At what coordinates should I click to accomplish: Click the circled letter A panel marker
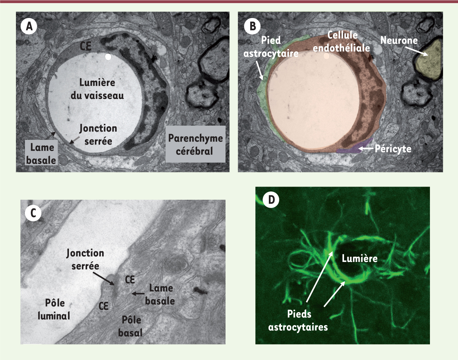click(x=29, y=26)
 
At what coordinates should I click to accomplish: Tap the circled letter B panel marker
click(x=253, y=26)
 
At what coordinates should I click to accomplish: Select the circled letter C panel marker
click(x=33, y=213)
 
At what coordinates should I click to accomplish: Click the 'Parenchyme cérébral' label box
click(x=195, y=144)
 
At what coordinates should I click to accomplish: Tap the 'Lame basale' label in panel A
click(x=42, y=154)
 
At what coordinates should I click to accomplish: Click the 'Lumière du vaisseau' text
click(x=97, y=89)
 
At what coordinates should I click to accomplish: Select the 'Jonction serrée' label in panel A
click(x=98, y=135)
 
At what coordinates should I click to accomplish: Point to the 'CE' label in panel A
click(x=85, y=46)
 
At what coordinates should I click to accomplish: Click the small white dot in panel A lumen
click(x=108, y=57)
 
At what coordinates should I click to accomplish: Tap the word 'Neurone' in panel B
click(x=399, y=40)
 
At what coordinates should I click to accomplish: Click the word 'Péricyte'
click(x=393, y=148)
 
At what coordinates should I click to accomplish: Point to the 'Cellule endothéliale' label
click(x=342, y=42)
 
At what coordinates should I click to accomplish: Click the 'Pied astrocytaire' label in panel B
click(x=271, y=47)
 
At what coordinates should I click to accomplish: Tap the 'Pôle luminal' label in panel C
click(x=54, y=309)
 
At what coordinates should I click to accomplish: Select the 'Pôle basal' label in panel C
click(x=131, y=326)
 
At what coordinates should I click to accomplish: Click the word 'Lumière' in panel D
click(x=360, y=258)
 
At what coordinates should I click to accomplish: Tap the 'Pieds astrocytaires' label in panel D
click(x=298, y=321)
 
